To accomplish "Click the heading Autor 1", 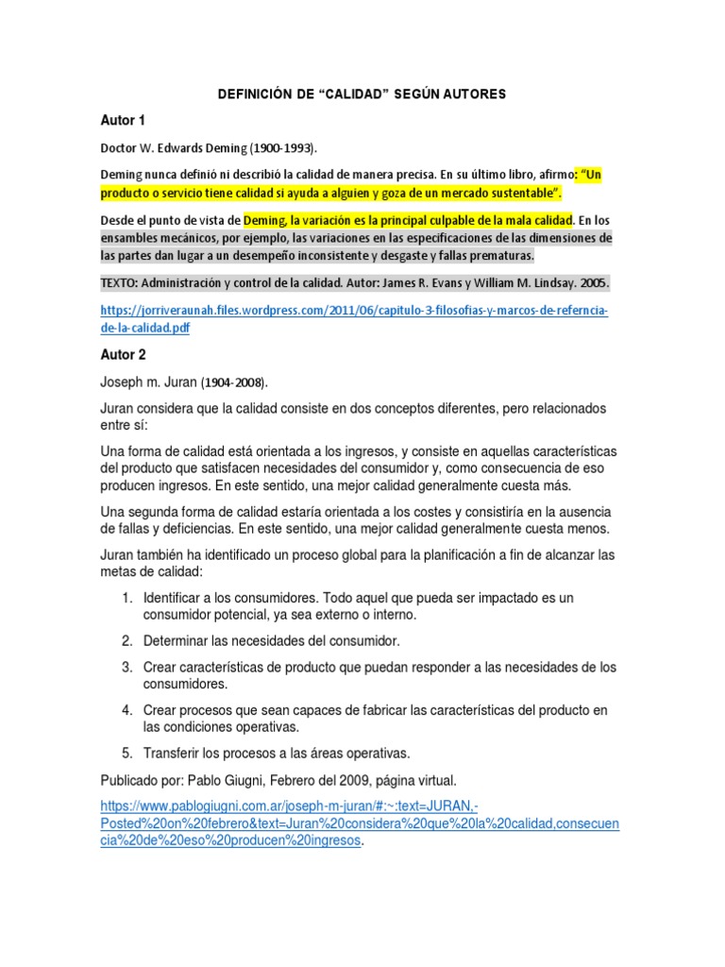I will coord(123,121).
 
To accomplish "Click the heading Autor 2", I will coord(123,354).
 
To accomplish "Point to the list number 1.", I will coord(126,599).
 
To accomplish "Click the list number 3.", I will coord(126,667).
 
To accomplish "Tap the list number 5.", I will coord(126,753).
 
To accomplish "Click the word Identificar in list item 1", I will coord(177,599).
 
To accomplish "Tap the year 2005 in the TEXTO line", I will coord(595,283).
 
